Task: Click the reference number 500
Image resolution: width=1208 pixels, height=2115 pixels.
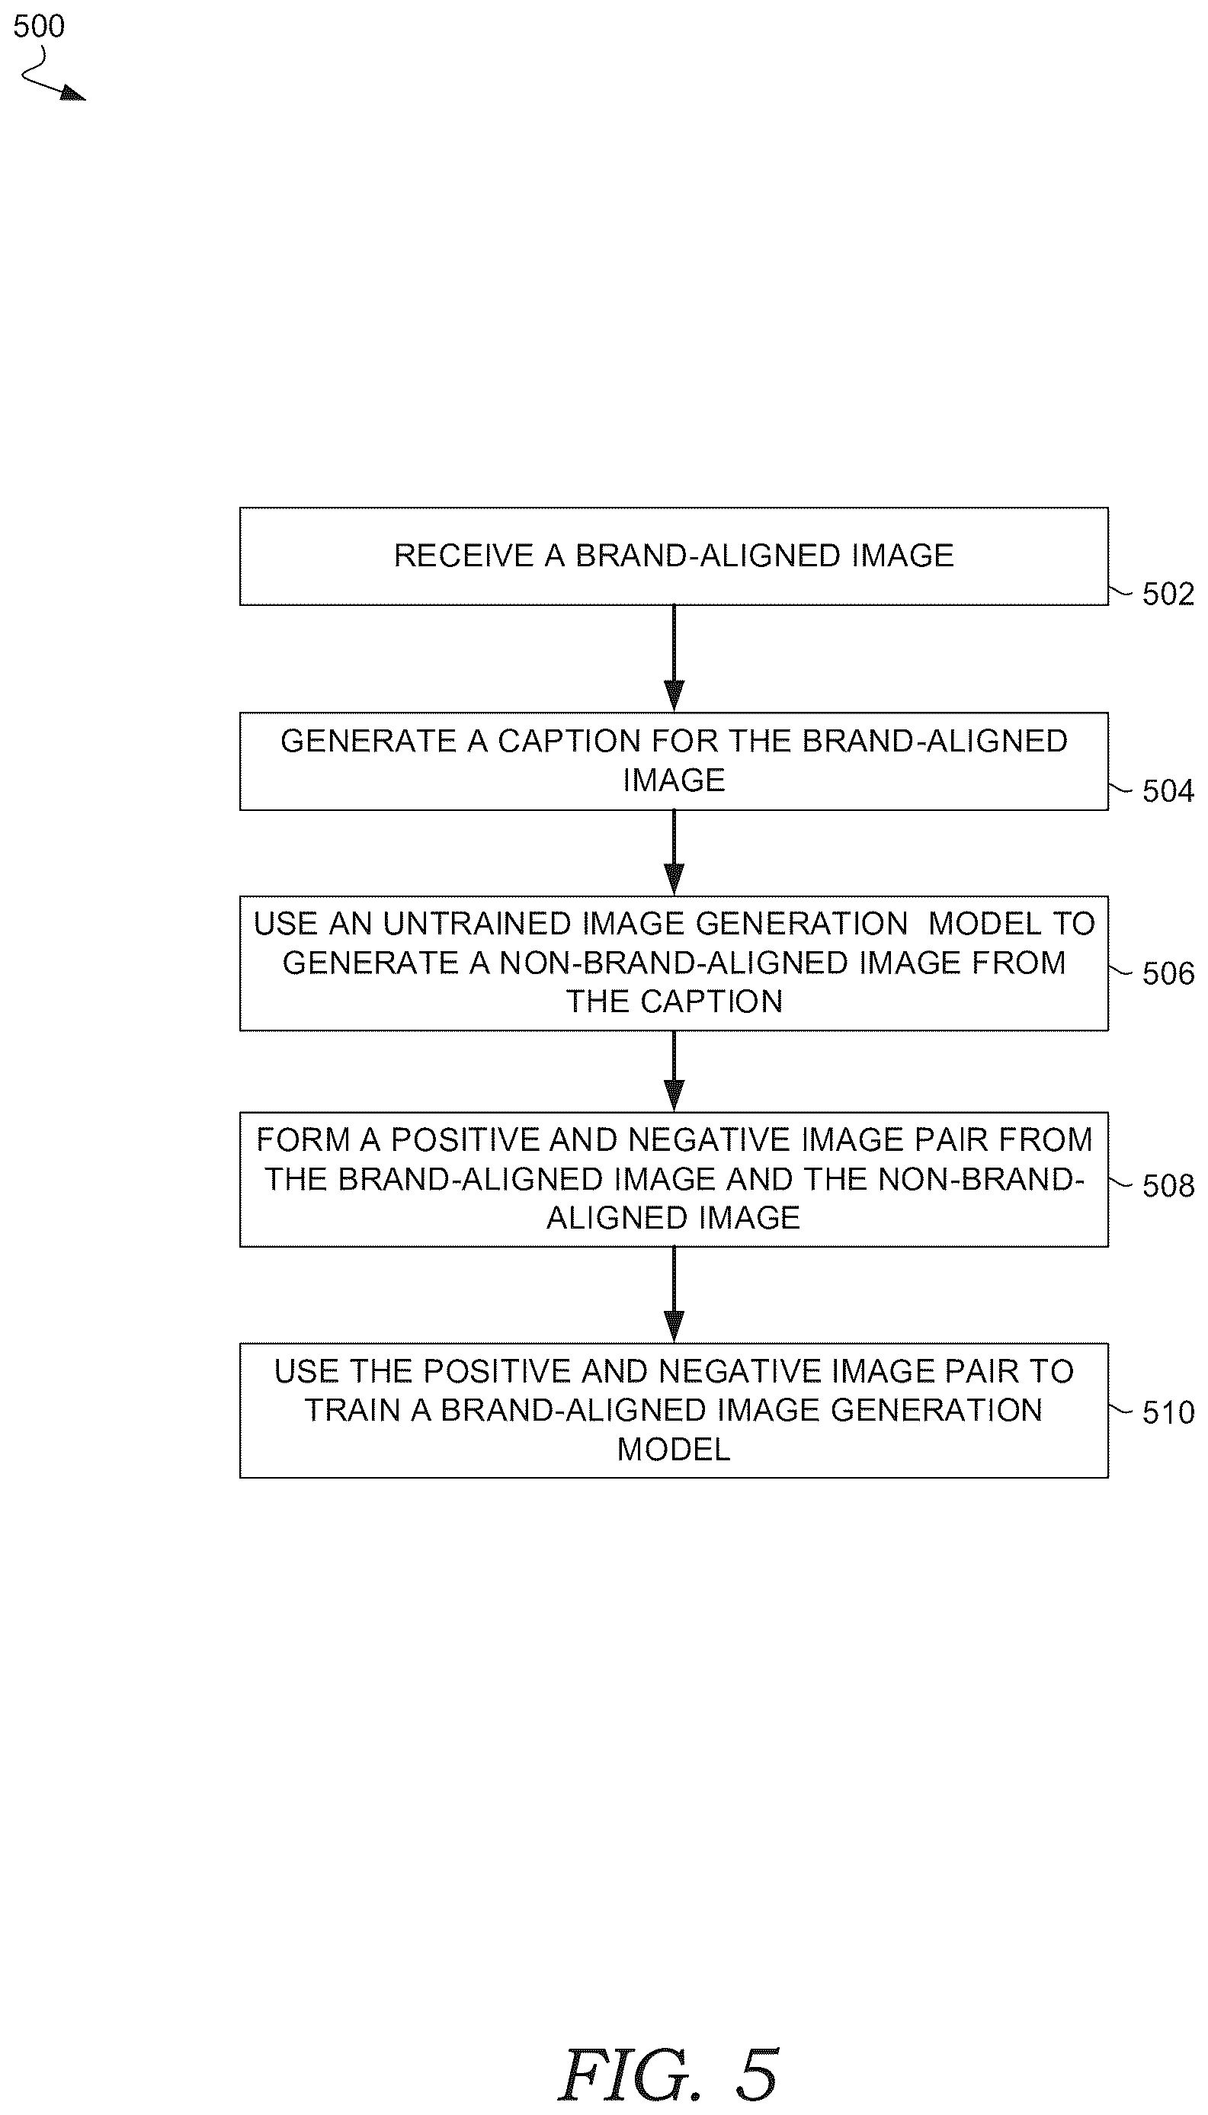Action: tap(39, 27)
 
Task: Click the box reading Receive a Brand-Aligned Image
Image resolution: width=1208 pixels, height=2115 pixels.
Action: tap(674, 556)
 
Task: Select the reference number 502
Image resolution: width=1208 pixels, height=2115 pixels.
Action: tap(1168, 594)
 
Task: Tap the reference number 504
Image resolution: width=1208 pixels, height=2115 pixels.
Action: tap(1168, 791)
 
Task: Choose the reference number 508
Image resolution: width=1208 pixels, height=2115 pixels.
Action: tap(1168, 1186)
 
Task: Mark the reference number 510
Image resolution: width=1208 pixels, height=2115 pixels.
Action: tap(1168, 1412)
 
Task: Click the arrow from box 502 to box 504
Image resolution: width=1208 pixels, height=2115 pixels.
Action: tap(674, 659)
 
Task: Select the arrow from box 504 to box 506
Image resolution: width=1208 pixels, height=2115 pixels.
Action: tap(674, 853)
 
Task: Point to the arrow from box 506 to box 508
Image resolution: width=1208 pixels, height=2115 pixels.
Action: tap(674, 1071)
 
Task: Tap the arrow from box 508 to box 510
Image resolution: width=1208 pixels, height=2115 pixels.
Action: tap(674, 1295)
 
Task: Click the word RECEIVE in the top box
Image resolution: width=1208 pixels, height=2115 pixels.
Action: tap(463, 556)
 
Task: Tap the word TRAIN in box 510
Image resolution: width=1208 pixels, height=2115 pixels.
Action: tap(354, 1410)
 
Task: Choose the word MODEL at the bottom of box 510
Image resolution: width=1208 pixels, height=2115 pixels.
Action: tap(674, 1449)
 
